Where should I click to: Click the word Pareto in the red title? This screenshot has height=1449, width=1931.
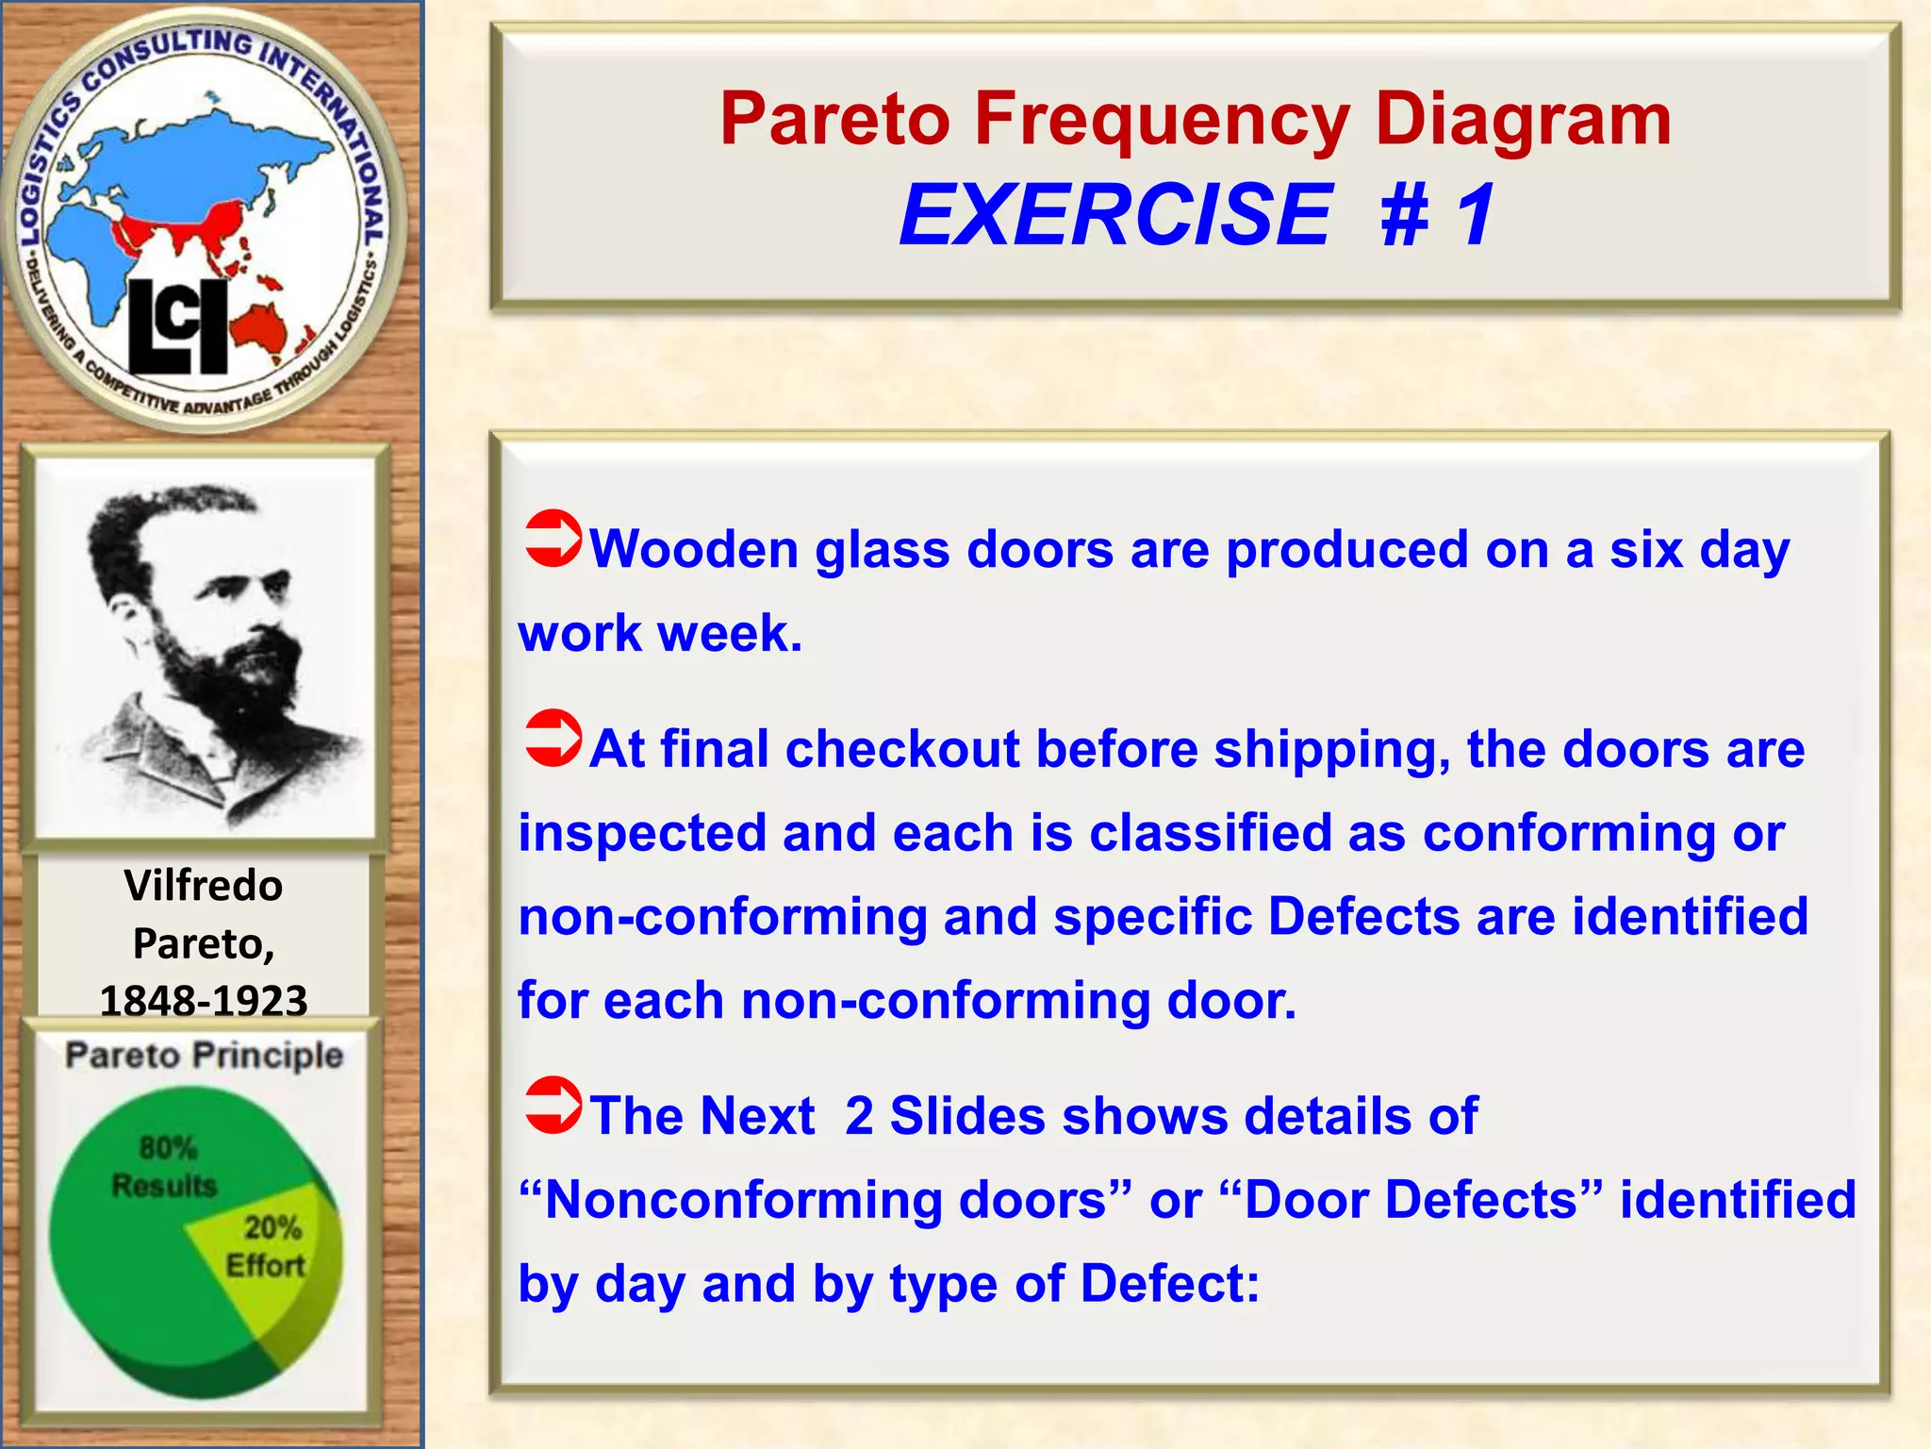tap(834, 120)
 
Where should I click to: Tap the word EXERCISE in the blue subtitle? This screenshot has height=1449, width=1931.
tap(1115, 215)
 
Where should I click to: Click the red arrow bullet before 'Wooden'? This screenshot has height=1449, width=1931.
tap(553, 539)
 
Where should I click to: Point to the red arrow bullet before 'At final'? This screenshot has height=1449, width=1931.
tap(553, 738)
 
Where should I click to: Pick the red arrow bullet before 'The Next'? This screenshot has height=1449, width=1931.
tap(553, 1105)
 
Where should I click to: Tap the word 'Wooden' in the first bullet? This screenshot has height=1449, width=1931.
tap(694, 549)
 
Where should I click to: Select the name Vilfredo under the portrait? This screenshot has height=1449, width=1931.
tap(204, 886)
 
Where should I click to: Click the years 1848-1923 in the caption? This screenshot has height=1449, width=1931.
tap(204, 1001)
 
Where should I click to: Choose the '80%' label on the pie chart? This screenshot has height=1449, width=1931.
tap(168, 1148)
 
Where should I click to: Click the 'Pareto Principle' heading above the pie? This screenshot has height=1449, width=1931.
tap(204, 1055)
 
